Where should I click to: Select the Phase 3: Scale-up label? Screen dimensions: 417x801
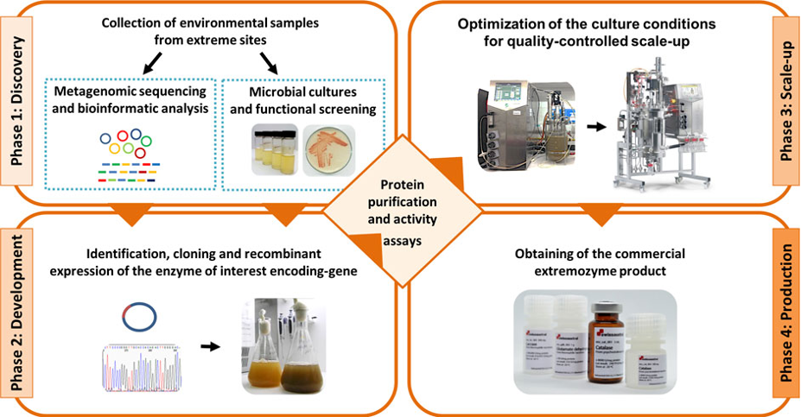[x=783, y=97]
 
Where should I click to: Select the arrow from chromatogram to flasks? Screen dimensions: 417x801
[x=209, y=346]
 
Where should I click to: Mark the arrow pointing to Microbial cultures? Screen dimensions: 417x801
[x=269, y=62]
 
